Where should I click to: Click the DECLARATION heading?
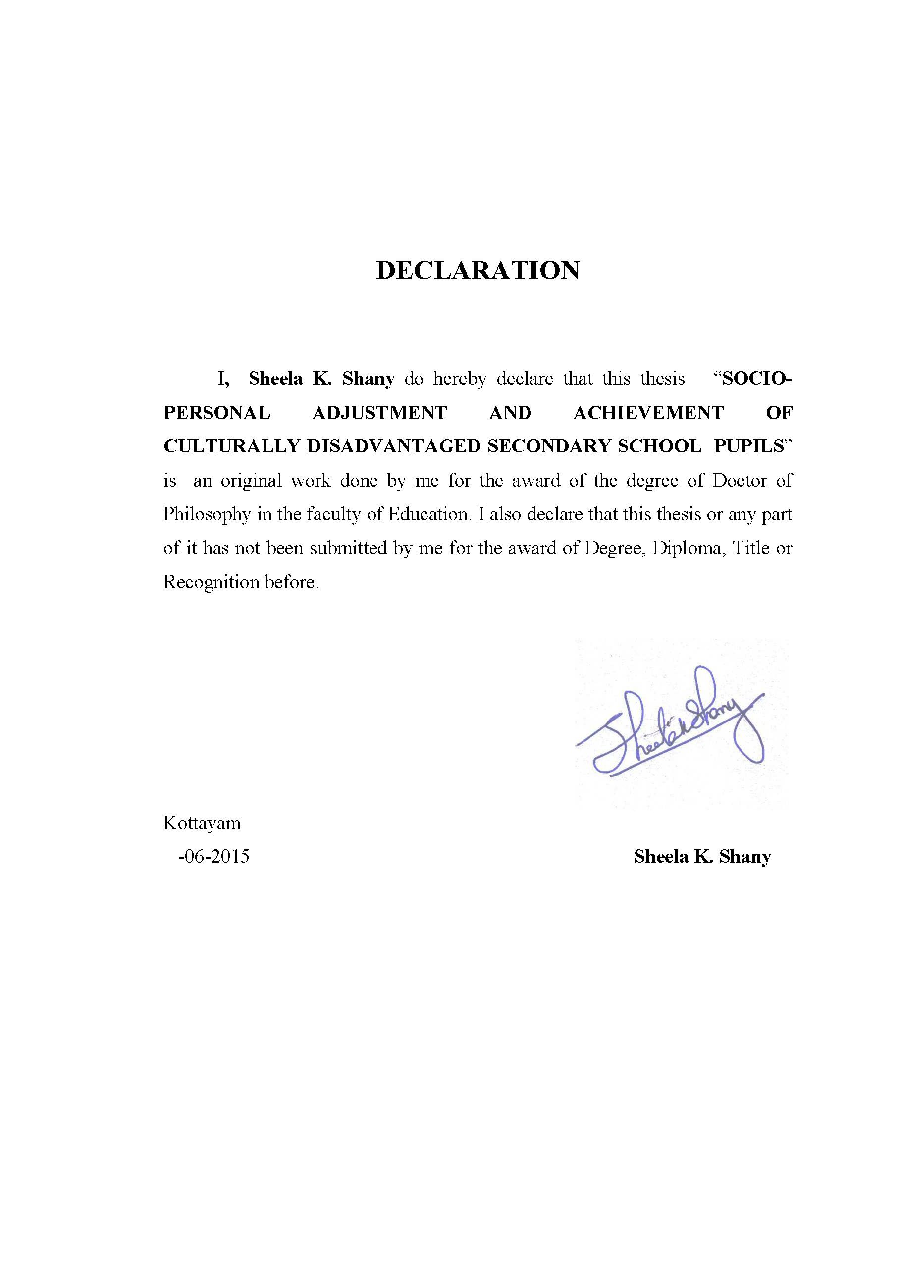pyautogui.click(x=477, y=271)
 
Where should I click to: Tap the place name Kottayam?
pyautogui.click(x=202, y=823)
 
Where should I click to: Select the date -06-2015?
pyautogui.click(x=213, y=856)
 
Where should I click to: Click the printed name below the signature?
pyautogui.click(x=702, y=856)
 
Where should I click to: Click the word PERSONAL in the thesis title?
pyautogui.click(x=216, y=413)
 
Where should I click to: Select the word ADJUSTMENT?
pyautogui.click(x=380, y=413)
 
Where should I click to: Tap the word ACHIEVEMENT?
pyautogui.click(x=648, y=413)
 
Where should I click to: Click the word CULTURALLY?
pyautogui.click(x=231, y=446)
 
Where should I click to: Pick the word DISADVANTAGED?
pyautogui.click(x=394, y=446)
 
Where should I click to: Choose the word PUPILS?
pyautogui.click(x=749, y=446)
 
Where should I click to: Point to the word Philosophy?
pyautogui.click(x=207, y=515)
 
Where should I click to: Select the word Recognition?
pyautogui.click(x=211, y=582)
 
